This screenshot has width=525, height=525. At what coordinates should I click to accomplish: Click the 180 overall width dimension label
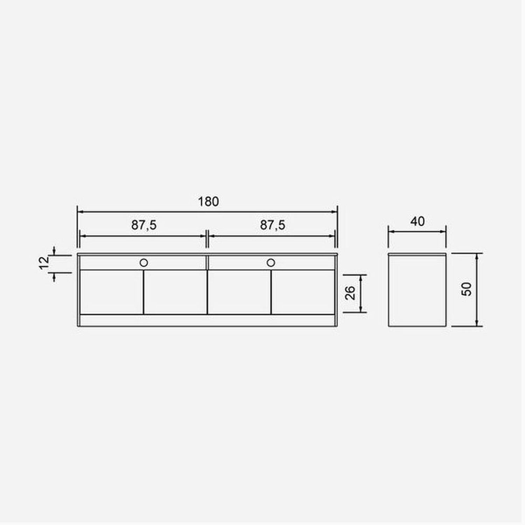pyautogui.click(x=208, y=202)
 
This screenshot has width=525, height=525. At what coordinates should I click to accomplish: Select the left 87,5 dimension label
pyautogui.click(x=144, y=225)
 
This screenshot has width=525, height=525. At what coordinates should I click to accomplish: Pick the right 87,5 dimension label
pyautogui.click(x=272, y=225)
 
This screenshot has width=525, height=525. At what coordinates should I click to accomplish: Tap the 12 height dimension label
pyautogui.click(x=44, y=262)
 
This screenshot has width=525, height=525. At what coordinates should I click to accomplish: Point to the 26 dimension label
pyautogui.click(x=350, y=293)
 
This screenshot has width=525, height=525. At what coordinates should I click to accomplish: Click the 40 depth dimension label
pyautogui.click(x=417, y=221)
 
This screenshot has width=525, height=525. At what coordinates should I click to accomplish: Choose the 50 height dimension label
pyautogui.click(x=467, y=289)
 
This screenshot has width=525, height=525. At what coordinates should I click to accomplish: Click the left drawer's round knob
pyautogui.click(x=143, y=262)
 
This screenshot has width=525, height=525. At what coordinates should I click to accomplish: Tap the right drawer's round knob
pyautogui.click(x=271, y=262)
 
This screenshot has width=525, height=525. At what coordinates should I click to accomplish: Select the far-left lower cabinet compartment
pyautogui.click(x=112, y=292)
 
